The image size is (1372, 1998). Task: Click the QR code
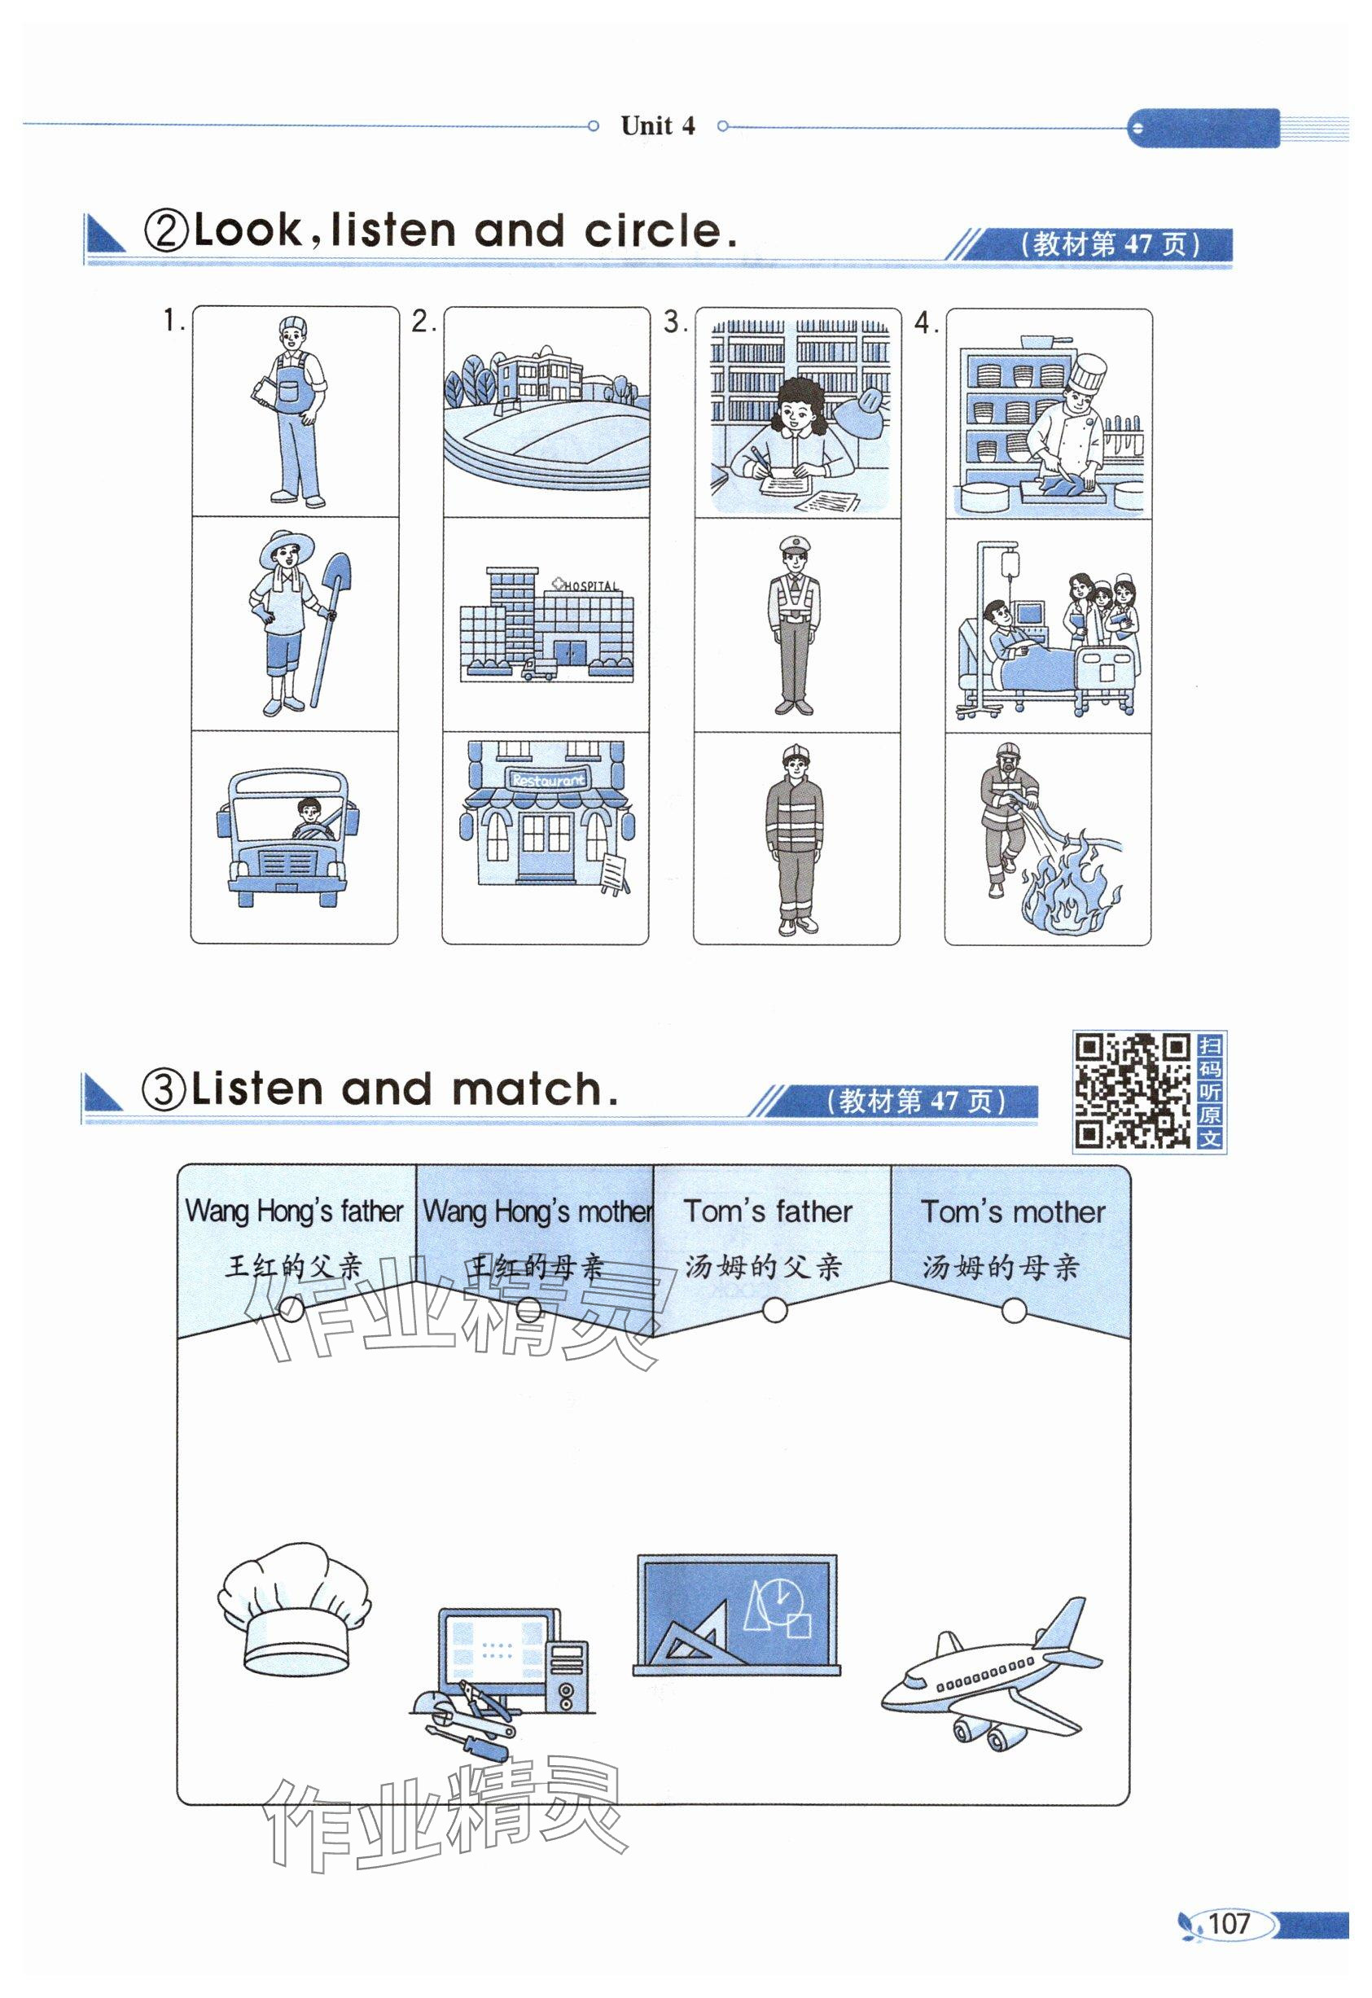(1132, 1091)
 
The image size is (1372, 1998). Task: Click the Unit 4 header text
(658, 125)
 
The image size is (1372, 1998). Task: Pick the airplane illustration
(991, 1676)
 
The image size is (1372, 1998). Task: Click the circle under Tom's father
(774, 1310)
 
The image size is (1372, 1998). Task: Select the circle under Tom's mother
(1015, 1311)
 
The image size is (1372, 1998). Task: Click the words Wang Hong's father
(294, 1211)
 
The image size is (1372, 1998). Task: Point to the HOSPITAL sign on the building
(590, 585)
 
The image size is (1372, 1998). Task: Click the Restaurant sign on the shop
(548, 781)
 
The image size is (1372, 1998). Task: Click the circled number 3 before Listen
(163, 1090)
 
